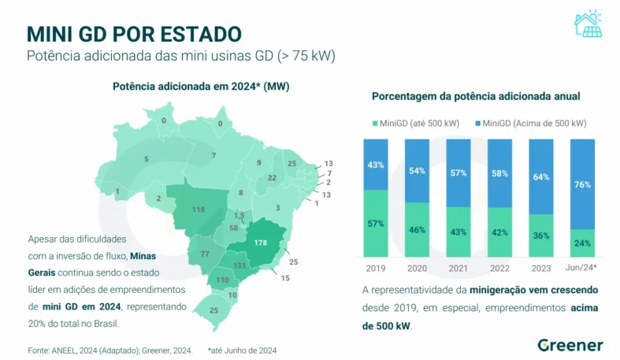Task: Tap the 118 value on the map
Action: coord(198,210)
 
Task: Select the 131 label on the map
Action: coord(239,265)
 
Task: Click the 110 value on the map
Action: coord(222,280)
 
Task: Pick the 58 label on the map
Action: coord(233,228)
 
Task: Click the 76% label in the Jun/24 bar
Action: coord(583,184)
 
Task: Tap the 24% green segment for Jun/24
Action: coord(583,243)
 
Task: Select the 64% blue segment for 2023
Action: coord(541,176)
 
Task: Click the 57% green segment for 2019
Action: coord(375,223)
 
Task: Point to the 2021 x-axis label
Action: coord(458,268)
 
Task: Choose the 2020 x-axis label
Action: coord(417,268)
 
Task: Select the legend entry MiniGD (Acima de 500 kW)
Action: coord(533,123)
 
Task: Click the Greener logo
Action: coord(570,345)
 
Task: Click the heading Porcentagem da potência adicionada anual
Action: coord(476,95)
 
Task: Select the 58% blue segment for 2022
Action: coord(499,172)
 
